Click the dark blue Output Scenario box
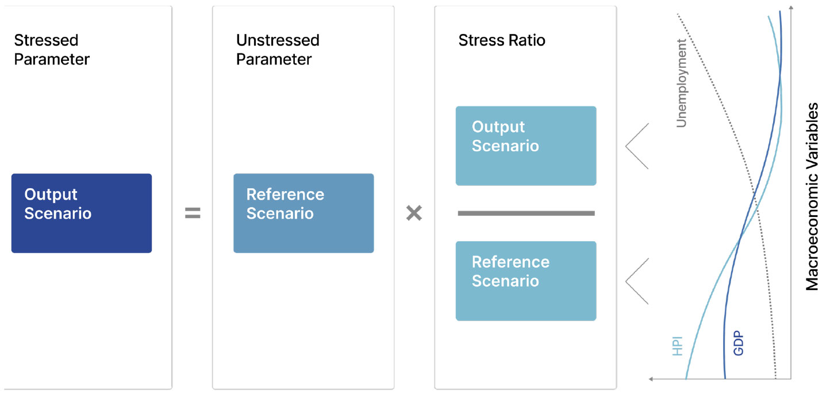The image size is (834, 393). [82, 213]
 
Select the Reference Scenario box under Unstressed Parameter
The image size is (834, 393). [303, 213]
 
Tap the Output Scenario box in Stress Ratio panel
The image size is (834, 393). [526, 146]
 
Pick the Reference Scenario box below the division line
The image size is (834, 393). [526, 281]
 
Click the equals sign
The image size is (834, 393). [193, 213]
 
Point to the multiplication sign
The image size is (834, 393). [414, 213]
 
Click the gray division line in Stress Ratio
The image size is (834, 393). [526, 213]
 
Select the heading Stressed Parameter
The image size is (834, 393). [52, 49]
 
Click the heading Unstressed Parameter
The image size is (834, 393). [278, 49]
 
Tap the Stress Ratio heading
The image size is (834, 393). [502, 40]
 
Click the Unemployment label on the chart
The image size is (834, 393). [682, 83]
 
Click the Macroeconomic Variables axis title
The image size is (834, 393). [812, 197]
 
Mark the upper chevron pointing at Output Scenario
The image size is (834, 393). [636, 146]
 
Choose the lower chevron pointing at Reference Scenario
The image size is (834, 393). [636, 281]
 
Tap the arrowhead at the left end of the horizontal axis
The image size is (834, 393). [652, 379]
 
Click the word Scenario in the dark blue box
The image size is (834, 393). [58, 213]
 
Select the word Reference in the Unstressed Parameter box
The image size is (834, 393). [285, 194]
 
